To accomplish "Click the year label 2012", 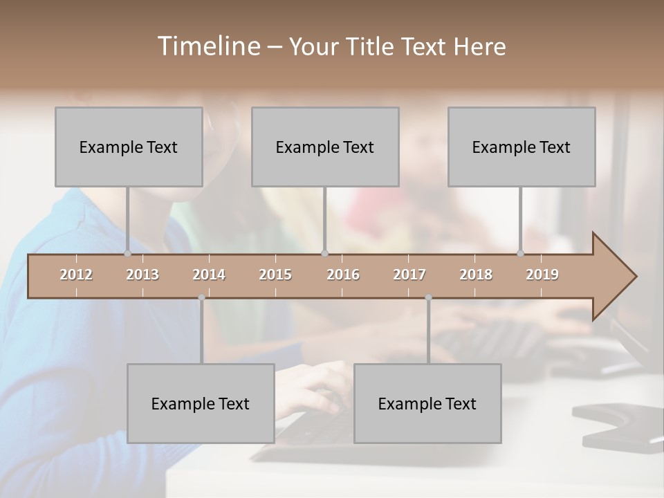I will click(x=76, y=275).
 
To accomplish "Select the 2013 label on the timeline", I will click(x=142, y=275).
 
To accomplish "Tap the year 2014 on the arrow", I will click(x=209, y=275).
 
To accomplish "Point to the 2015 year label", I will click(x=275, y=275).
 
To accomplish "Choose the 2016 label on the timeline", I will click(x=343, y=275).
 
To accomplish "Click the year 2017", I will click(x=409, y=275).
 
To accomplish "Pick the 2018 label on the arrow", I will click(x=476, y=275).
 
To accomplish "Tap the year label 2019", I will click(x=542, y=275).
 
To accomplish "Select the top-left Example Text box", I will click(x=129, y=147).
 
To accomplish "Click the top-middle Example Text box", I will click(x=325, y=147).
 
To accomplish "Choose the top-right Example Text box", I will click(x=522, y=147).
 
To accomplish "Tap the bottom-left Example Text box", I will click(x=201, y=403).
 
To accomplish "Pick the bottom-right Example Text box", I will click(x=427, y=403).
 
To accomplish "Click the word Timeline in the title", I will click(x=208, y=46).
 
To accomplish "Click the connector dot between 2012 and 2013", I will click(x=127, y=254).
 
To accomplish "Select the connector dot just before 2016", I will click(x=325, y=254).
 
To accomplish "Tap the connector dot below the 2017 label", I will click(x=428, y=297).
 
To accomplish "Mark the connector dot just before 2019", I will click(x=521, y=254).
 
